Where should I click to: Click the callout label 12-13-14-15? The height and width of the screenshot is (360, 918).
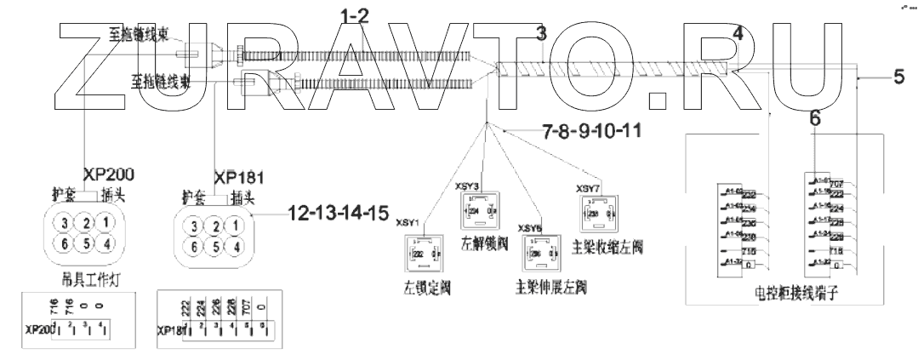[334, 214]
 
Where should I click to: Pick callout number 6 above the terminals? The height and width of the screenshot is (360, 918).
[814, 120]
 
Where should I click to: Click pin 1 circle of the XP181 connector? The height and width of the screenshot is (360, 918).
[237, 226]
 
